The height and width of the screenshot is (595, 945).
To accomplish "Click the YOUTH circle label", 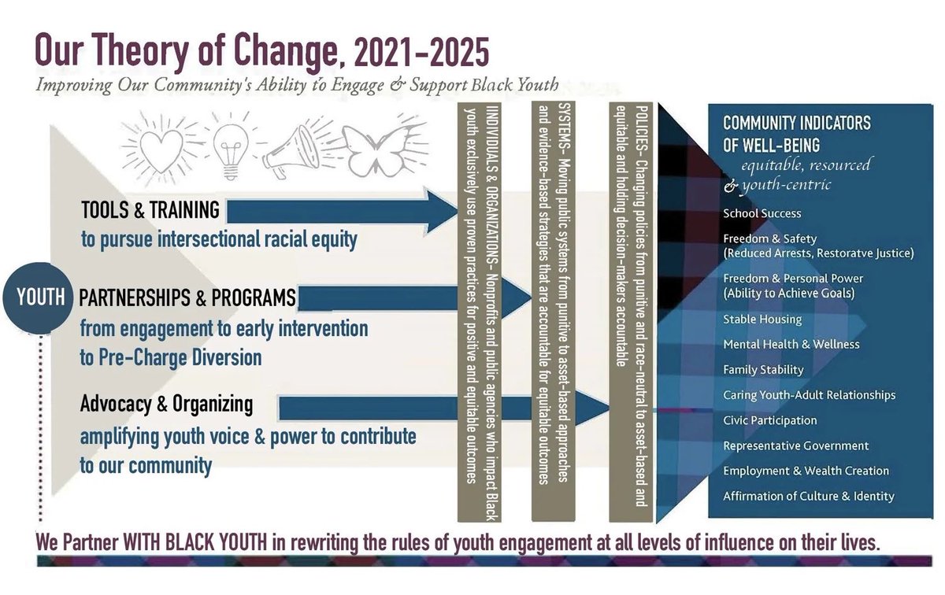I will click(x=41, y=299).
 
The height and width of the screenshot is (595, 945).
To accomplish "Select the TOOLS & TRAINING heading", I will click(x=150, y=210).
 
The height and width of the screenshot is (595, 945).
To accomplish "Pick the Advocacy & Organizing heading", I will click(x=166, y=404).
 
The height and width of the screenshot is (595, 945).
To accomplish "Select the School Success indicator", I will click(x=762, y=213).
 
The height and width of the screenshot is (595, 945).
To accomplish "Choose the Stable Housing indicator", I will click(x=762, y=320).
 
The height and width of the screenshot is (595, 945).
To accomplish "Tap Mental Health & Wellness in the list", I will click(x=791, y=345).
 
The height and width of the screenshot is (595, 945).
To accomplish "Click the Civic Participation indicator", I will click(x=769, y=420).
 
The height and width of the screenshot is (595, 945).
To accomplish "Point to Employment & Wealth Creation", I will click(x=806, y=471).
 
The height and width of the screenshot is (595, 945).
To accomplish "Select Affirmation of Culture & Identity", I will click(x=808, y=496).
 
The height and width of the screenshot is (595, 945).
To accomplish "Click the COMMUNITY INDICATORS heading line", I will click(x=796, y=124).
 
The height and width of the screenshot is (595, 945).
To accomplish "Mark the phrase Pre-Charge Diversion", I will click(x=171, y=357).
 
